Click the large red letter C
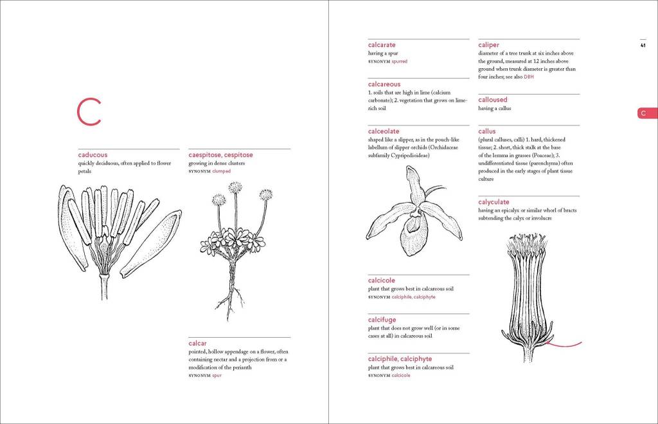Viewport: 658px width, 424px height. [x=89, y=112]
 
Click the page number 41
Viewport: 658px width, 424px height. [x=643, y=45]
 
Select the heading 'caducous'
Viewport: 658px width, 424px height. [x=93, y=155]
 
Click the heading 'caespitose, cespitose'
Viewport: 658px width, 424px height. [x=220, y=155]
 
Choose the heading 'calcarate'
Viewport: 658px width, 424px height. [x=382, y=45]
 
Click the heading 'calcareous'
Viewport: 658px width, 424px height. [x=384, y=84]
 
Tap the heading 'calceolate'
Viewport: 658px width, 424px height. [x=384, y=131]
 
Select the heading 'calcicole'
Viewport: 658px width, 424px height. [x=382, y=281]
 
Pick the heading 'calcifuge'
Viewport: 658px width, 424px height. [x=382, y=320]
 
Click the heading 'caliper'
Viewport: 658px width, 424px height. [x=489, y=45]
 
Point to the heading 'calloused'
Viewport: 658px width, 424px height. [x=493, y=100]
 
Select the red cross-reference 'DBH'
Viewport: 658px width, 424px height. [x=529, y=77]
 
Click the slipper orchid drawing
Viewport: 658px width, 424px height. [x=413, y=212]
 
